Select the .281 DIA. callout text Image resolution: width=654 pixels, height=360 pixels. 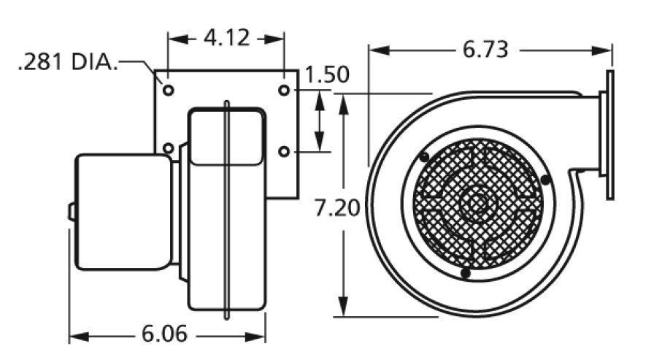68,63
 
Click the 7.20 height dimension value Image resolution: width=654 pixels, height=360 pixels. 336,209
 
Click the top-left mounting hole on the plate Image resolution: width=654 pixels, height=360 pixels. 169,91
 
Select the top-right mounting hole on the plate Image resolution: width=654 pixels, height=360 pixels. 285,91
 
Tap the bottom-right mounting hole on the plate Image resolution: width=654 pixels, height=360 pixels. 285,151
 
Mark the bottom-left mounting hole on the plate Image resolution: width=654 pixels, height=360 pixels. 169,149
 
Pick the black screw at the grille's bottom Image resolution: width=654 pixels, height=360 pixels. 465,273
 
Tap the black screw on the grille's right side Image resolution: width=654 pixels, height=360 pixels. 545,180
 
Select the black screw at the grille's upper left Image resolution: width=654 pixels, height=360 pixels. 424,156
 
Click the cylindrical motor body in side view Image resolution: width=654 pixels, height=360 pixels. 124,212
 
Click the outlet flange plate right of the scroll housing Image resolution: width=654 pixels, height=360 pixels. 608,133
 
